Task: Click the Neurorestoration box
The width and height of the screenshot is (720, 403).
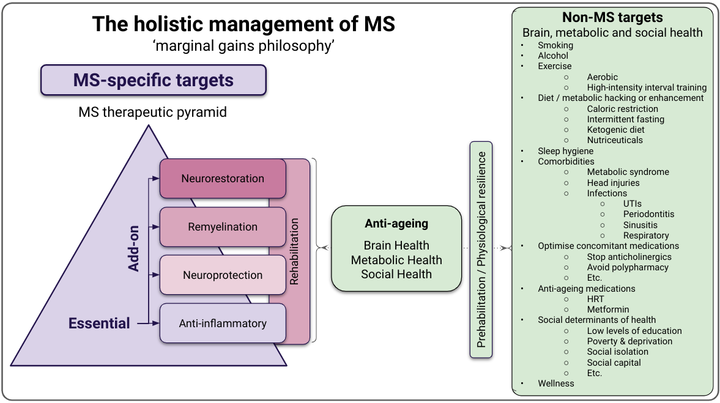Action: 223,179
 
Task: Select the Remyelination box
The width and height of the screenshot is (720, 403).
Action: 223,227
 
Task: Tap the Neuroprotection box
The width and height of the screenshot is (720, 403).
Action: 223,275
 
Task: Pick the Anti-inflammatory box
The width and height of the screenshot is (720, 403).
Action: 223,323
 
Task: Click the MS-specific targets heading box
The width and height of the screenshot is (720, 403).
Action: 154,80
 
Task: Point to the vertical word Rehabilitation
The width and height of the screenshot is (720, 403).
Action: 294,251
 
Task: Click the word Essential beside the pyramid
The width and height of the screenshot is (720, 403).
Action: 99,323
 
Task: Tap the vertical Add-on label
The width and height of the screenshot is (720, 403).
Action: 133,248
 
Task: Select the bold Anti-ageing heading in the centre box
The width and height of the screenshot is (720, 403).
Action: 396,224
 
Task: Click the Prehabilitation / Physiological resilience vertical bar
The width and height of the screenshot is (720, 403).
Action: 481,250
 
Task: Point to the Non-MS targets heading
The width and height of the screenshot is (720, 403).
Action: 612,18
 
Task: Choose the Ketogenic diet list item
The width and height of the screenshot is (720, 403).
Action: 616,130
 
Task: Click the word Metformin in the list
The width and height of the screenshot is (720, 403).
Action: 608,309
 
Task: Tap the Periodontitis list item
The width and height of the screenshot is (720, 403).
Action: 649,215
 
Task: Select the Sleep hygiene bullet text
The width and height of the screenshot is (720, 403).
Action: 566,151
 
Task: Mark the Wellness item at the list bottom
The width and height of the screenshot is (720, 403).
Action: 556,383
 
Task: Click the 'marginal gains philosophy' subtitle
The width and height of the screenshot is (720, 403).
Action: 243,46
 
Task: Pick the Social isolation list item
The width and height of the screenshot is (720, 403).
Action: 618,352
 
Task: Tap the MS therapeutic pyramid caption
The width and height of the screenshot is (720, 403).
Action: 152,112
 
